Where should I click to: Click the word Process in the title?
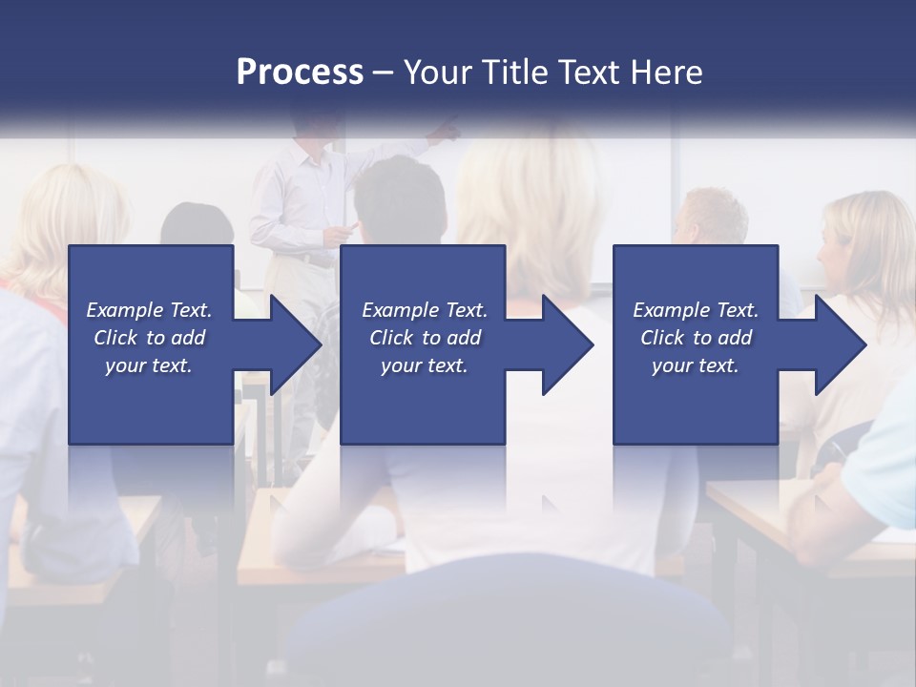(300, 73)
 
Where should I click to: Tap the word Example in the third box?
(672, 310)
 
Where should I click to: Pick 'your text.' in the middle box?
(424, 365)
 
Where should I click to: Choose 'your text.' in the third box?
(695, 365)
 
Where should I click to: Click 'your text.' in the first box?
(148, 365)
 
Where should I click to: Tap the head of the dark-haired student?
(400, 200)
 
